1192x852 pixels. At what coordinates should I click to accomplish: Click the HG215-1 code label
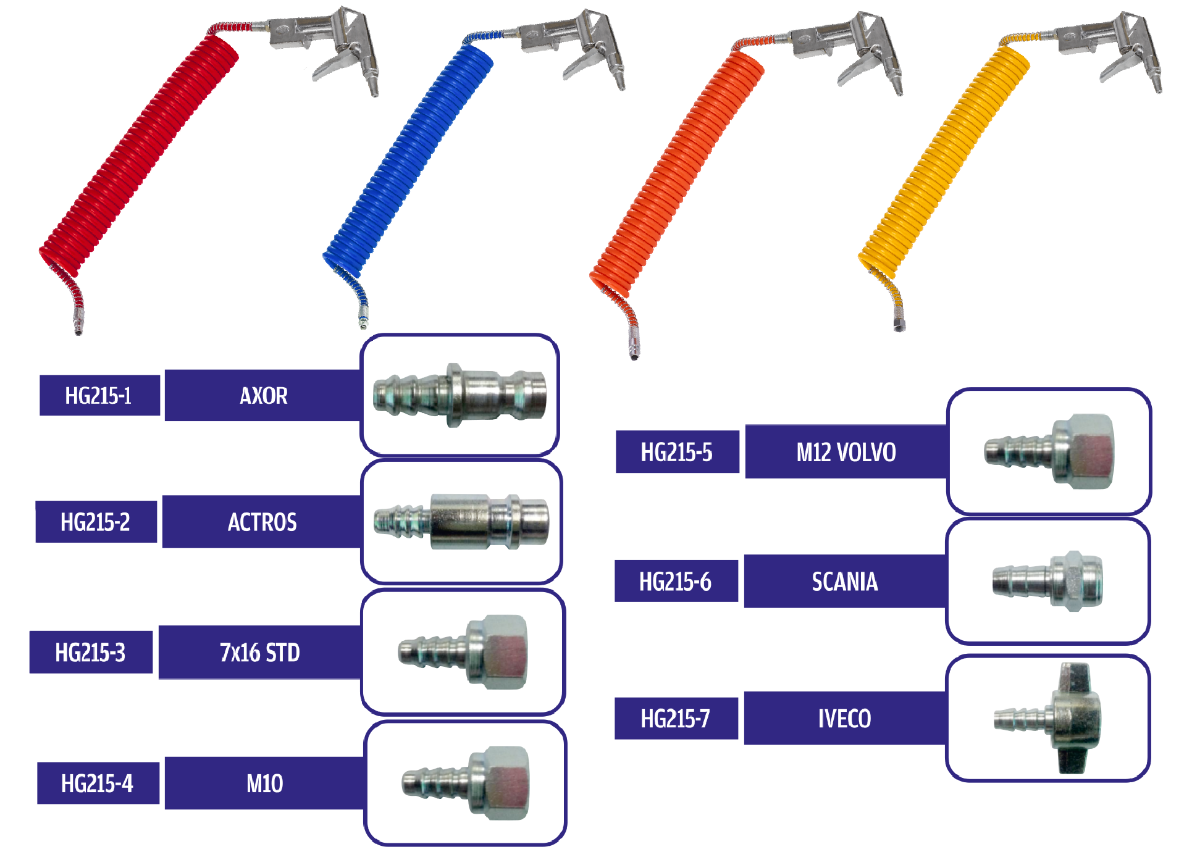(99, 395)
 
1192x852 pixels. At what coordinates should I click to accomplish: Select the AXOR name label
(263, 395)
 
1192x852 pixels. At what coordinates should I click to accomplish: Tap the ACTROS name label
(262, 522)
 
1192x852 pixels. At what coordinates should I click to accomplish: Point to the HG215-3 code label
(91, 652)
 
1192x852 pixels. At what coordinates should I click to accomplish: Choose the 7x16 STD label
(259, 652)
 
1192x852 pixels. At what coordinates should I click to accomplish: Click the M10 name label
(264, 783)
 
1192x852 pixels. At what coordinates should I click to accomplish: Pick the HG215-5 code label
(677, 452)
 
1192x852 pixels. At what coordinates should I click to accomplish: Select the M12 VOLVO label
(846, 452)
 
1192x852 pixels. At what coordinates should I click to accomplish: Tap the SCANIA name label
(844, 582)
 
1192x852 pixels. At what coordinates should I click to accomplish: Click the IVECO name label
(844, 718)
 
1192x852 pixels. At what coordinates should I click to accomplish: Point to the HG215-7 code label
(676, 718)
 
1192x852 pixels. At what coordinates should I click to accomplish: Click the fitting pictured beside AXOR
(460, 395)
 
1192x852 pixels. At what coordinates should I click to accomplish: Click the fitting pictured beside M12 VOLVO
(1050, 452)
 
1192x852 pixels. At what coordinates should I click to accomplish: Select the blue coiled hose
(408, 161)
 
